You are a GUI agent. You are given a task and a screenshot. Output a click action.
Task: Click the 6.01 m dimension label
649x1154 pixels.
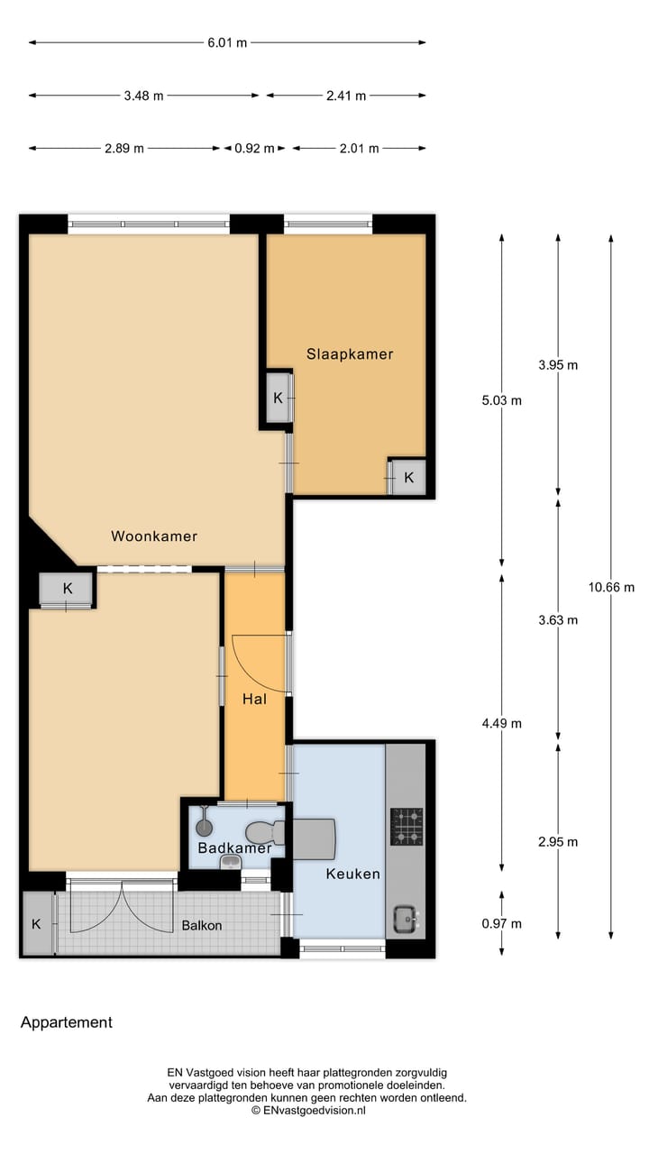click(x=227, y=42)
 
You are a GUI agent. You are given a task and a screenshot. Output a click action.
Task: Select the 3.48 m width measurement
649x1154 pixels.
click(x=143, y=96)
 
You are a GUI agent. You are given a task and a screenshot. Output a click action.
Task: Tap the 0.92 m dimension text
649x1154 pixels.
click(x=254, y=149)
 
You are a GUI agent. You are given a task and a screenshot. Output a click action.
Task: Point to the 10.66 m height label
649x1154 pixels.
click(x=611, y=587)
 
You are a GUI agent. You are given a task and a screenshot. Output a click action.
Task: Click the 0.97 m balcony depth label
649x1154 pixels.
click(x=502, y=923)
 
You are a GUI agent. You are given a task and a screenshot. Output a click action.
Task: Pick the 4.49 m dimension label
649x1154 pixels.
click(x=502, y=723)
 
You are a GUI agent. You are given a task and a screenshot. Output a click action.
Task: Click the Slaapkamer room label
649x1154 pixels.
click(x=350, y=354)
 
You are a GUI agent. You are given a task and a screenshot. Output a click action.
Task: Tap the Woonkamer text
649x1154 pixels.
click(x=154, y=536)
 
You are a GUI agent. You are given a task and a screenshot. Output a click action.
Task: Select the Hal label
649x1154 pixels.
click(x=253, y=699)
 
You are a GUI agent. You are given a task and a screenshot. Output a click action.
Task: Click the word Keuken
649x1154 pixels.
click(x=352, y=874)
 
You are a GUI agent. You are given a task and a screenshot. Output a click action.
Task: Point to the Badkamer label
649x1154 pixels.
click(x=234, y=848)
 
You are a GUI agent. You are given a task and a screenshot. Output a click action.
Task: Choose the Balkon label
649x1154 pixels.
click(x=201, y=925)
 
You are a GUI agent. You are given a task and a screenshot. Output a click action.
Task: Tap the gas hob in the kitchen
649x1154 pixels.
click(x=406, y=826)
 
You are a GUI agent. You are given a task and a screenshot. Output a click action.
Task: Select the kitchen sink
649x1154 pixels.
click(x=405, y=921)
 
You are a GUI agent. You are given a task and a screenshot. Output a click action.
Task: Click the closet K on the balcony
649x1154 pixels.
click(x=37, y=924)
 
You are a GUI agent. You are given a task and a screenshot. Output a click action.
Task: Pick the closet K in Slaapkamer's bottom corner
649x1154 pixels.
click(x=408, y=478)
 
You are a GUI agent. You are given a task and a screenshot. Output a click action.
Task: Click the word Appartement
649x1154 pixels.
click(x=67, y=1022)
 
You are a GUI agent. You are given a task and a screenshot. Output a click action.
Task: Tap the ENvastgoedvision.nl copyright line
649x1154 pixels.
click(x=307, y=1112)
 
